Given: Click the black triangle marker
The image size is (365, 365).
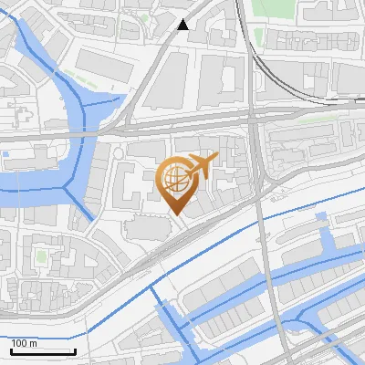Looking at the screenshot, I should click(184, 25).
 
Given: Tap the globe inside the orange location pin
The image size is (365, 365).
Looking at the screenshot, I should click(174, 177).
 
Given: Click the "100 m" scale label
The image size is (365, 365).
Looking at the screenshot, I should click(25, 343).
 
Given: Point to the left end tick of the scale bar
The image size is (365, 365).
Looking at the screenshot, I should click(11, 349).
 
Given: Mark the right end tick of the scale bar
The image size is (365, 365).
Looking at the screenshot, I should click(75, 349).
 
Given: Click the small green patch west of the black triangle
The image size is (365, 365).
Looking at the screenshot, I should click(146, 16).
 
